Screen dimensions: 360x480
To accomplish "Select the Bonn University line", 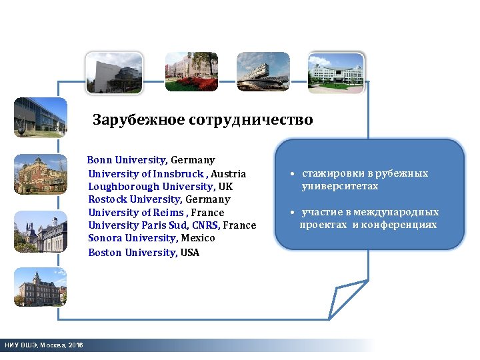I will (151, 160).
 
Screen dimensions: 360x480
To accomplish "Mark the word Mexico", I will (198, 237).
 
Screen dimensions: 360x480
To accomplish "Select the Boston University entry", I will (143, 252).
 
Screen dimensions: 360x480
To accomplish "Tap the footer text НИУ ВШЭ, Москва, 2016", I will (44, 345).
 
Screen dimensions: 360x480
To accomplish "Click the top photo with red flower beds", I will (191, 72).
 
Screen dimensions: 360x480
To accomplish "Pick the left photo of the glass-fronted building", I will (41, 117).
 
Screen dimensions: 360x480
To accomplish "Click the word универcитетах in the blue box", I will (339, 186).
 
